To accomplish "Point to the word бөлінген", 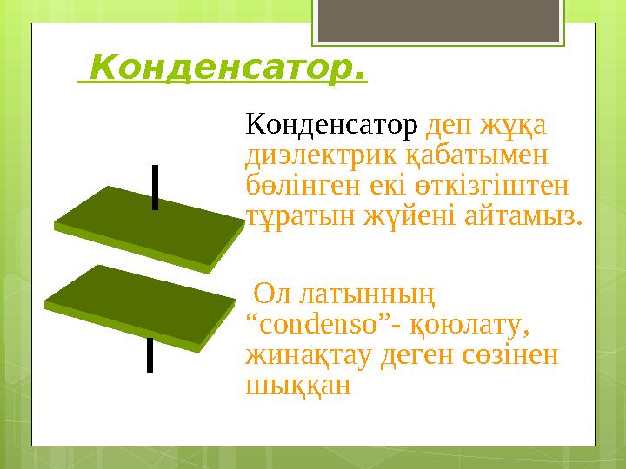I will click(x=297, y=186).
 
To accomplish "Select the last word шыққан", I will click(x=298, y=386).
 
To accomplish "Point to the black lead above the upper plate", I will click(x=155, y=186).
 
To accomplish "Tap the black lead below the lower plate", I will click(x=150, y=355).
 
